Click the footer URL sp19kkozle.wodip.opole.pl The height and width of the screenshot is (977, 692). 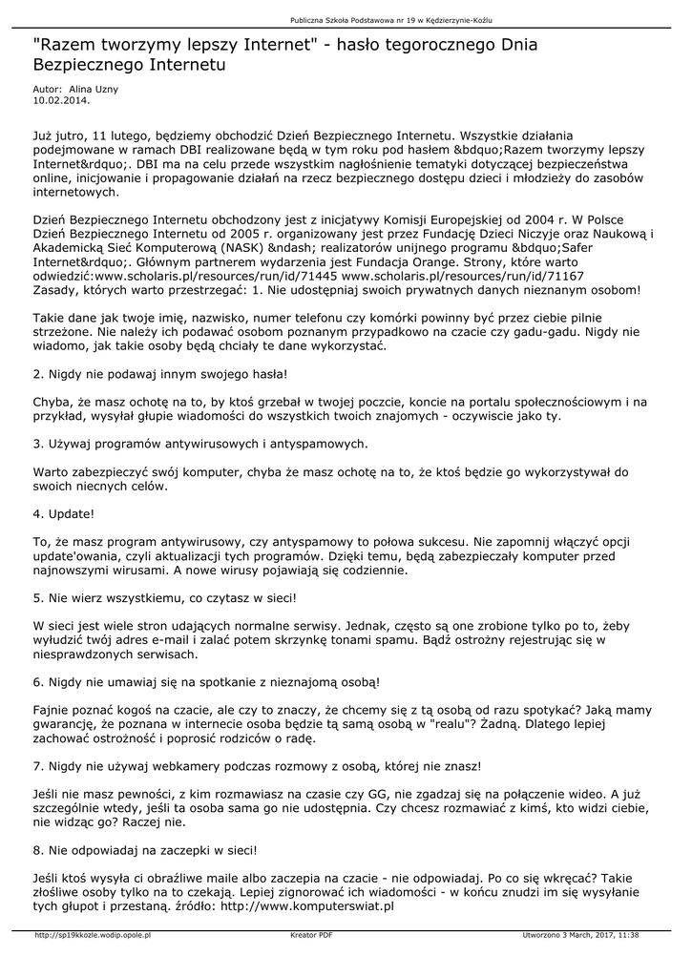coord(93,935)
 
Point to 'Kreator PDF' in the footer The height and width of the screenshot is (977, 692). coord(311,935)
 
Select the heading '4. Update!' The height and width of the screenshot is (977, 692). coord(64,513)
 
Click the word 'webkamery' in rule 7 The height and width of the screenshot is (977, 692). coord(172,765)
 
